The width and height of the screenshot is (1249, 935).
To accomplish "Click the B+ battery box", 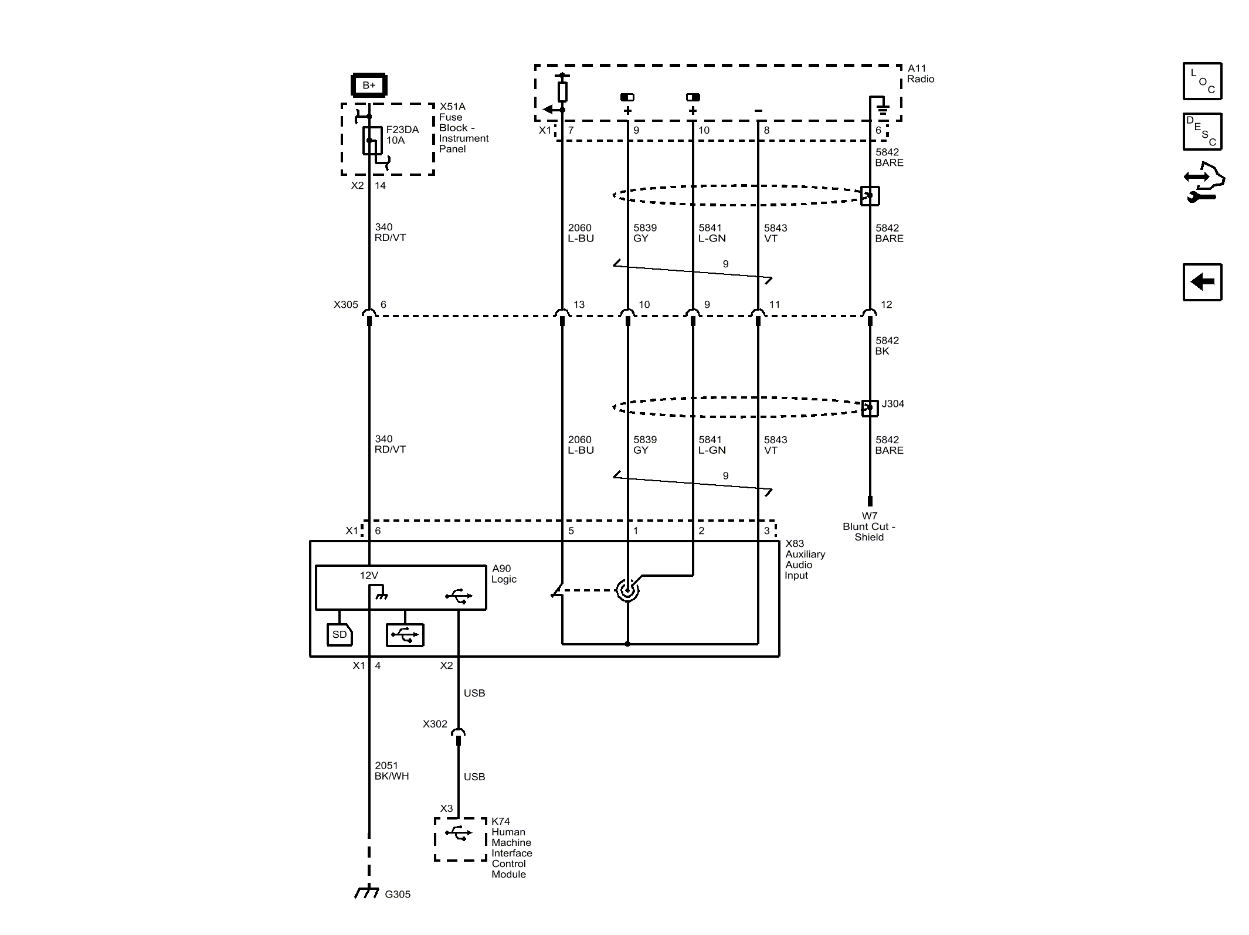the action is pos(368,85).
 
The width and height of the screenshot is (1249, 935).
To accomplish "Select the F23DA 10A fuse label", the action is pos(402,135).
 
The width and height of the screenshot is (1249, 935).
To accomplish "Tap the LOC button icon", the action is pos(1202,81).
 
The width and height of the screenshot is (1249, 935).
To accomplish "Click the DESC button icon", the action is pos(1202,131).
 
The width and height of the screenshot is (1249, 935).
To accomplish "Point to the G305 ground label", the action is pos(398,894).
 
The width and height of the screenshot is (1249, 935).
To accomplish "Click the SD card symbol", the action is pos(340,634).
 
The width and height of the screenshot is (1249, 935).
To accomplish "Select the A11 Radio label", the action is pos(921,74).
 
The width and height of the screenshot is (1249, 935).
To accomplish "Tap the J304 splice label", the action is pos(892,403).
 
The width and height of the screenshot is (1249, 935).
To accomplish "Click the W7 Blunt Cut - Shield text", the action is pos(869,526).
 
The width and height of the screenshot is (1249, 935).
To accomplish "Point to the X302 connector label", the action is pos(435,724).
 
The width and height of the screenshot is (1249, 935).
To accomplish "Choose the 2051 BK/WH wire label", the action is pos(392,771).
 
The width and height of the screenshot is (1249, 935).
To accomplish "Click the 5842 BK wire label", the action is pos(887,346).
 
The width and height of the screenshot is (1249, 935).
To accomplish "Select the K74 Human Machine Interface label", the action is pos(512,848).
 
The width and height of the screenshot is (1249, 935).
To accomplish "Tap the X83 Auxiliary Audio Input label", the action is pos(805,559).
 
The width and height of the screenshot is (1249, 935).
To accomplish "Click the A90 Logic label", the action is pos(504,574).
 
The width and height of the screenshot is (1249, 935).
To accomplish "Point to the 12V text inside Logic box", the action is pos(369,576).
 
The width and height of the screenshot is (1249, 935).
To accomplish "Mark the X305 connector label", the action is pos(346,304).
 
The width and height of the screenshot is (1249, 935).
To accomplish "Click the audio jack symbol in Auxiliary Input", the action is pos(627,590).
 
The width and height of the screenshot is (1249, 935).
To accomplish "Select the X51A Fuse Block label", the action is pos(464,128).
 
